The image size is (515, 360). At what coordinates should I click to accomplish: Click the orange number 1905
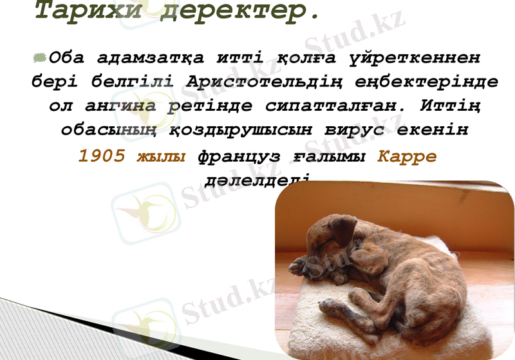(x=102, y=156)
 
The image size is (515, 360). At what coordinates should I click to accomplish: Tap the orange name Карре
(x=406, y=156)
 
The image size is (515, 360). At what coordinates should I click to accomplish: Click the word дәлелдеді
(x=257, y=180)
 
